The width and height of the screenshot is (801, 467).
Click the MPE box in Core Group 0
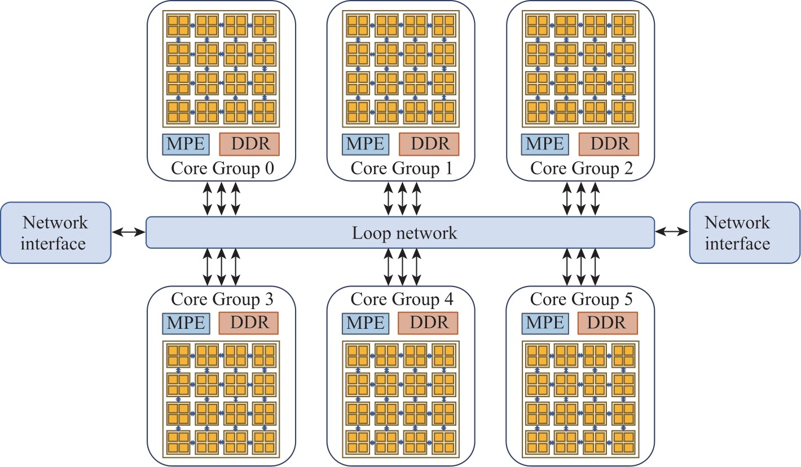coord(186,144)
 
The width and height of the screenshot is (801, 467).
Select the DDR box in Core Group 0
coord(249,144)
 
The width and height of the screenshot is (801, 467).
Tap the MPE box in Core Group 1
coord(365,144)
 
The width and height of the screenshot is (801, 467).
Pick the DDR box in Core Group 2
coord(609,144)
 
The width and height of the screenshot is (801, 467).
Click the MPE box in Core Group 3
coord(186,323)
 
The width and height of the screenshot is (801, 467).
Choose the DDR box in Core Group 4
coord(428,323)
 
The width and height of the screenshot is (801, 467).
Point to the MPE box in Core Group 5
coord(544,323)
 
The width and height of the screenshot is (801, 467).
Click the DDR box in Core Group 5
coord(608,323)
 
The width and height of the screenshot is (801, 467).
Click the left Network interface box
coord(56,232)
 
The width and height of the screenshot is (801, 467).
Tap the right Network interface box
coord(745,232)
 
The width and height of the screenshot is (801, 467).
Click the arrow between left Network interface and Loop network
coord(129,231)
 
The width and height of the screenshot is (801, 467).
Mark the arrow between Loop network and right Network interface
coord(672,231)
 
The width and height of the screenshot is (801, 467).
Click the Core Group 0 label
coord(222,168)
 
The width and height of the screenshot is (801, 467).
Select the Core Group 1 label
coord(402,168)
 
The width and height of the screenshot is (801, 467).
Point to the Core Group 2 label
coord(582,168)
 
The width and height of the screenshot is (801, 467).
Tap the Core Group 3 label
coord(222,299)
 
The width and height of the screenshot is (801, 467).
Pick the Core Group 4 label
coord(402,299)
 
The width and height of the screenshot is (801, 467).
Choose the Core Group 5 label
coord(582,299)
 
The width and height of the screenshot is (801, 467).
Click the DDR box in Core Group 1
coord(429,144)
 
